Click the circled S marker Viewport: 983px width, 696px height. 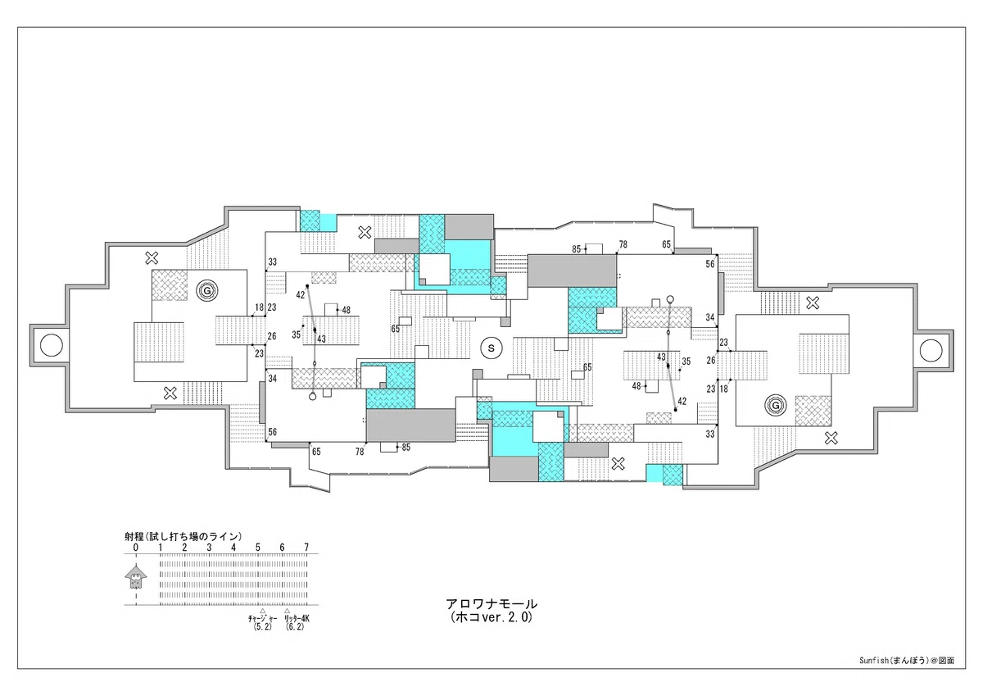click(491, 348)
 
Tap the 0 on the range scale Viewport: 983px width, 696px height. click(136, 548)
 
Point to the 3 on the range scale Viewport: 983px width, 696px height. click(209, 548)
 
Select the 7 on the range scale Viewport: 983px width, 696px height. click(306, 548)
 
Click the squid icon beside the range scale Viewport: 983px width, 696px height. click(136, 576)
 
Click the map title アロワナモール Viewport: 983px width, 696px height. click(491, 604)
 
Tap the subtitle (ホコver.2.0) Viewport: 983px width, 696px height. click(491, 617)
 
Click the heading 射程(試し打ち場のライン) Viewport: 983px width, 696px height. click(183, 536)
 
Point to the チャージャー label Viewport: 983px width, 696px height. click(262, 619)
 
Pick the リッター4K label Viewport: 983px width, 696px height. click(297, 619)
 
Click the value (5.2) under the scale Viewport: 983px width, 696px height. click(262, 627)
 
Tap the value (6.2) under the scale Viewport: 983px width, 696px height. click(294, 627)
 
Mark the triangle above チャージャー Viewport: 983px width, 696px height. click(262, 611)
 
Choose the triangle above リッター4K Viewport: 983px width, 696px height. click(287, 611)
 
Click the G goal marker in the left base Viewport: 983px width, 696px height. click(207, 290)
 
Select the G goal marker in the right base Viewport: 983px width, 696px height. click(776, 406)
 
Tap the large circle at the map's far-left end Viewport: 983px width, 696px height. click(52, 345)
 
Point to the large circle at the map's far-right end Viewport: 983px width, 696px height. click(931, 351)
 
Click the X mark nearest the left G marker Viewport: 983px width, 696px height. click(152, 257)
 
